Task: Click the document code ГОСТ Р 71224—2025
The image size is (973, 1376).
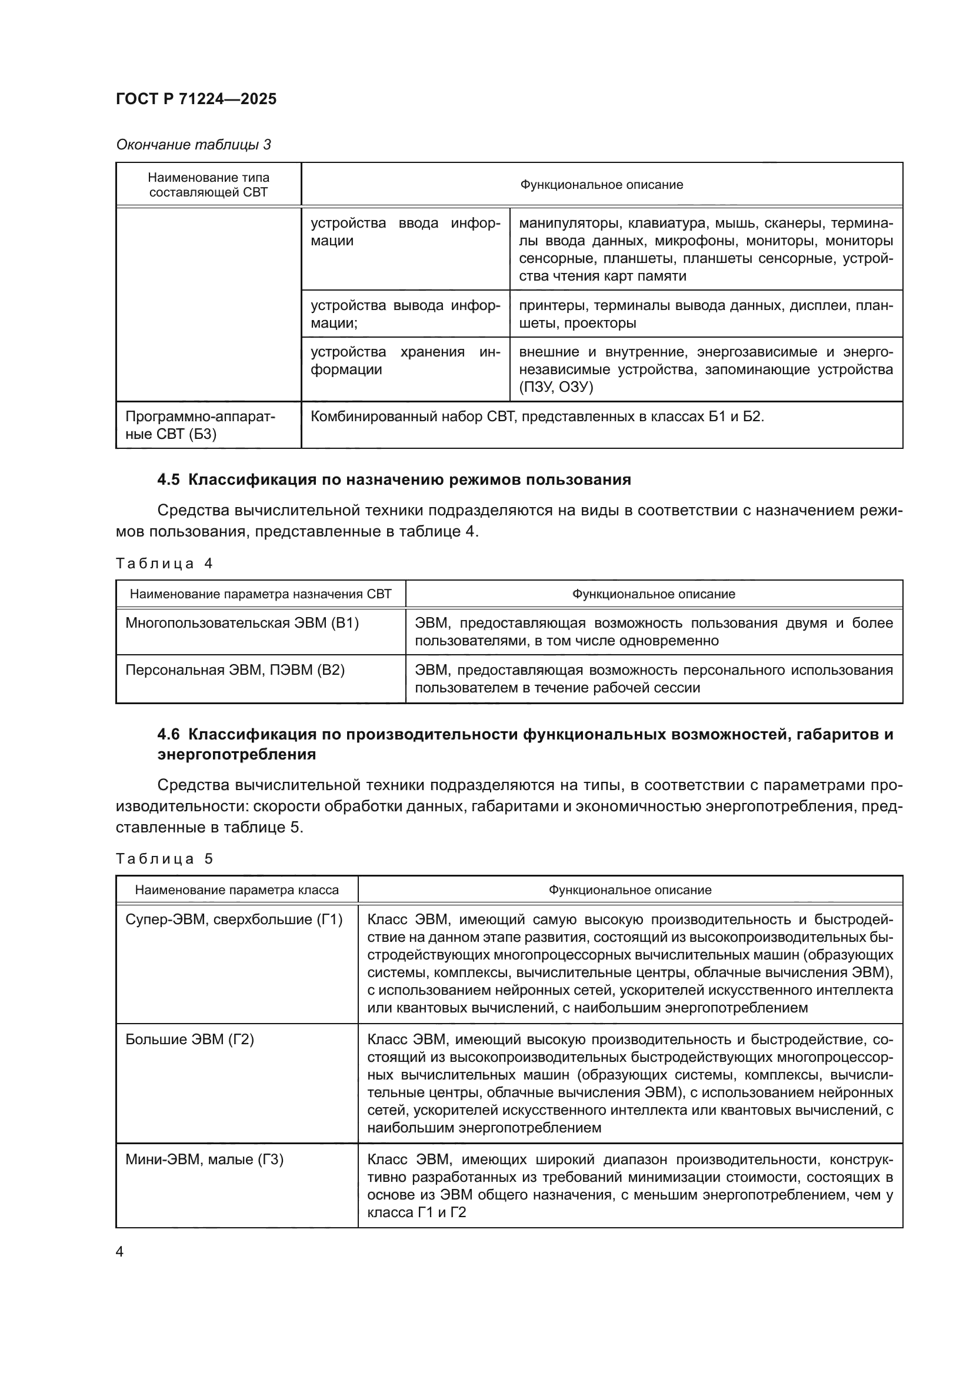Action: (x=196, y=99)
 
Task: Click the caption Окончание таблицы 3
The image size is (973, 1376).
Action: (x=193, y=145)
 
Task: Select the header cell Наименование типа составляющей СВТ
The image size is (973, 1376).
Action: (x=208, y=185)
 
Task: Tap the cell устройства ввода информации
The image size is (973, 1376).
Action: (x=405, y=232)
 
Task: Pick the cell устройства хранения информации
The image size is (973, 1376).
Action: (x=405, y=360)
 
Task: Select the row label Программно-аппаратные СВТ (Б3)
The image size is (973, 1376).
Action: (x=200, y=425)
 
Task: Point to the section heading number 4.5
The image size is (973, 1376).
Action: (x=168, y=479)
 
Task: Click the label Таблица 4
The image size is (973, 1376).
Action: (x=164, y=564)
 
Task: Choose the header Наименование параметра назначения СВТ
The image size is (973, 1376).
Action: (x=261, y=594)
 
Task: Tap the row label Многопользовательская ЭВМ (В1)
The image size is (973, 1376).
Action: (x=242, y=622)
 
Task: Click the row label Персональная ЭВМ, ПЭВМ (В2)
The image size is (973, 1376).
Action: (x=235, y=669)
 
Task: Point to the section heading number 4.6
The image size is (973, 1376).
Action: (x=168, y=734)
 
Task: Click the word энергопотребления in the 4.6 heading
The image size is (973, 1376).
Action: (x=236, y=754)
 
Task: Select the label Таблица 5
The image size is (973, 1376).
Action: (x=164, y=859)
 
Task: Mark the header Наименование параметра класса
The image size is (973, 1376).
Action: (x=236, y=890)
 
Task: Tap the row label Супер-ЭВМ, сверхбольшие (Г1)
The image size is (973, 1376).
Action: (x=234, y=919)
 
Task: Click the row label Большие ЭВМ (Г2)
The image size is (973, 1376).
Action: (x=189, y=1039)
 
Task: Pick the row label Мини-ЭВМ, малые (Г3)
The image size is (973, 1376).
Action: (x=204, y=1159)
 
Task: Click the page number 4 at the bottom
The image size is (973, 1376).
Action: (x=119, y=1252)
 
